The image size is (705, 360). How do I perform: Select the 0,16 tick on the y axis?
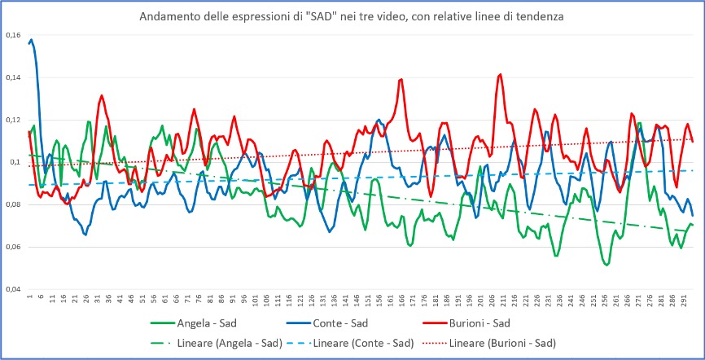13,36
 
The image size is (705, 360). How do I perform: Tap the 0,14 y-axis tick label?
13,78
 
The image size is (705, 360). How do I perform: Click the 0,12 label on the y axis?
13,121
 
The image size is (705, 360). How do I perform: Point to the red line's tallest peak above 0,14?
500,74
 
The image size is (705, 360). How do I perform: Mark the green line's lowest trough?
606,265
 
